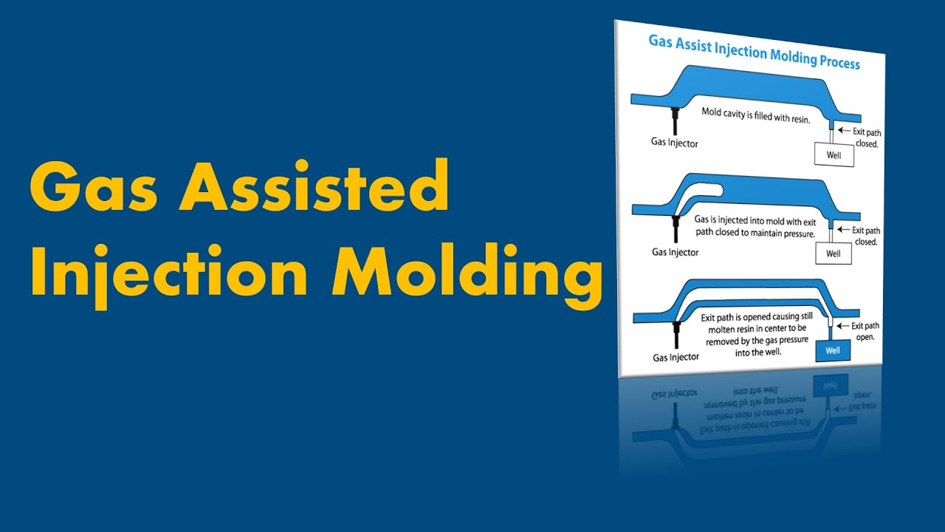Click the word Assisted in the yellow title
pyautogui.click(x=313, y=190)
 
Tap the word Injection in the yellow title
pyautogui.click(x=168, y=275)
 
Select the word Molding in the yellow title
pyautogui.click(x=467, y=275)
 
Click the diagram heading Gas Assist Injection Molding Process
pyautogui.click(x=754, y=51)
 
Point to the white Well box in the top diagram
pyautogui.click(x=834, y=155)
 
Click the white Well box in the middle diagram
pyautogui.click(x=833, y=253)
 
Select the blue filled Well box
pyautogui.click(x=833, y=350)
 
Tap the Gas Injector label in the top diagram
pyautogui.click(x=674, y=143)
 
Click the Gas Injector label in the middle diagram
pyautogui.click(x=675, y=252)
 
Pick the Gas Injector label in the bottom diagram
pyautogui.click(x=676, y=357)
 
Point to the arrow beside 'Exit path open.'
pyautogui.click(x=842, y=326)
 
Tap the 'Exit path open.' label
pyautogui.click(x=866, y=331)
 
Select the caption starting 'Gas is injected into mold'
pyautogui.click(x=754, y=226)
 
